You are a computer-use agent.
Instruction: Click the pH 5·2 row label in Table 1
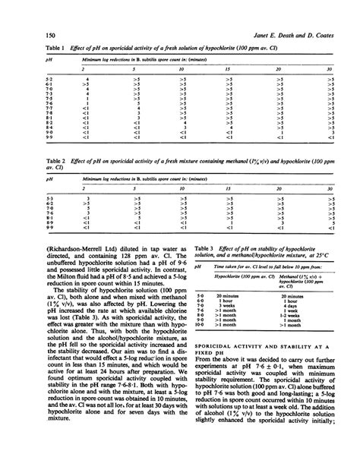tap(28, 78)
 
